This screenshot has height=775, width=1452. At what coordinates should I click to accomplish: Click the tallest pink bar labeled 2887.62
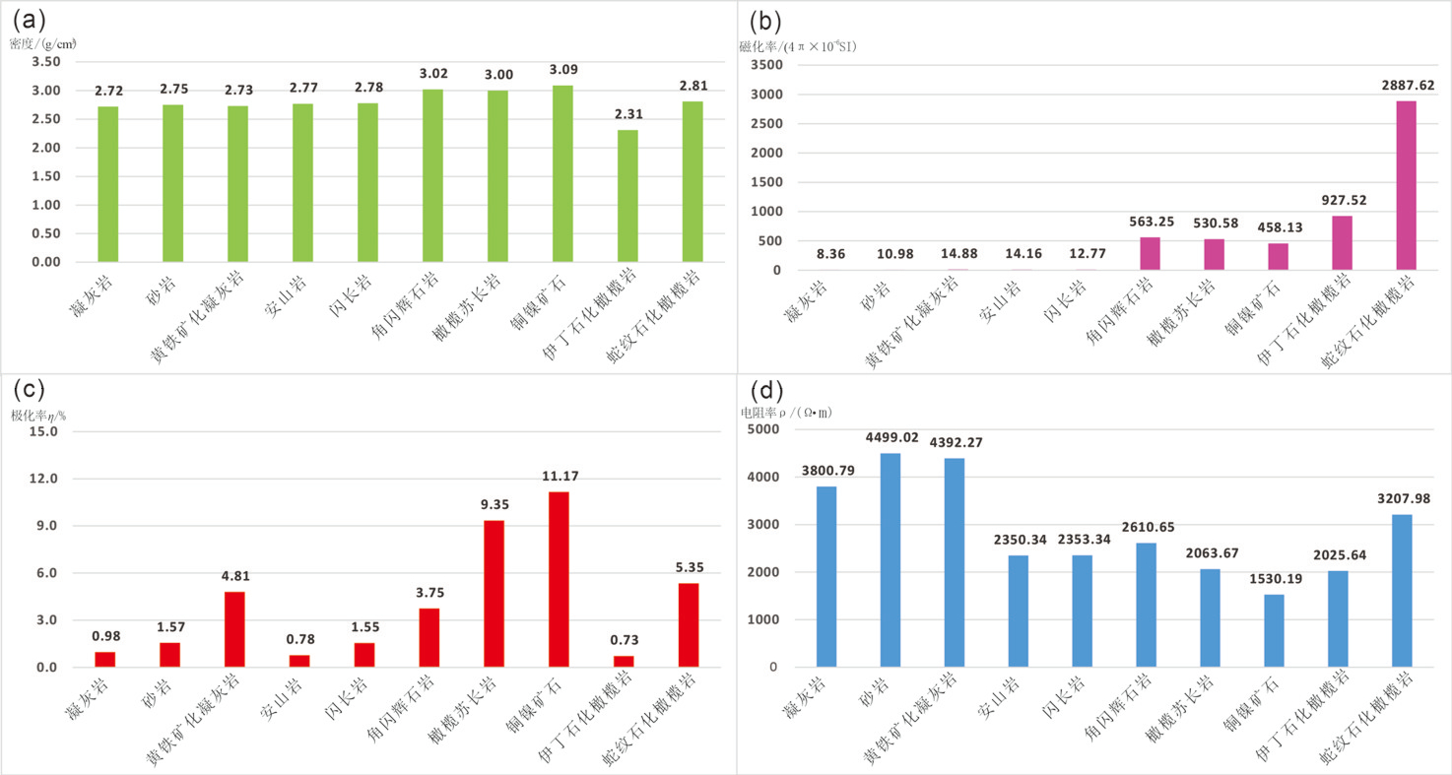click(1406, 185)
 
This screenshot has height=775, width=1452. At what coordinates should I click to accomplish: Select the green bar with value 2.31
click(628, 196)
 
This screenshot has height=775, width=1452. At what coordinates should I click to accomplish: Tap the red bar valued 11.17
click(559, 579)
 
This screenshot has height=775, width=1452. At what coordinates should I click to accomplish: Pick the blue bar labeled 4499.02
click(890, 559)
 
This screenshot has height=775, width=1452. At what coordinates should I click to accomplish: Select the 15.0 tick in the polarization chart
click(45, 431)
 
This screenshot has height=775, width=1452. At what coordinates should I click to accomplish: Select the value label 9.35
click(494, 504)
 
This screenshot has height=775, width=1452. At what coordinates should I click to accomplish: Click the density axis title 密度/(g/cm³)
click(43, 43)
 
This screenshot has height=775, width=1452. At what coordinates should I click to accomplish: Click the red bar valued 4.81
click(233, 629)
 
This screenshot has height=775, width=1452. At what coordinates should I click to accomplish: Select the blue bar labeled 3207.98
click(1402, 591)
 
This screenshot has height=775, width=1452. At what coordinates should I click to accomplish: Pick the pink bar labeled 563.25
click(1150, 253)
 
